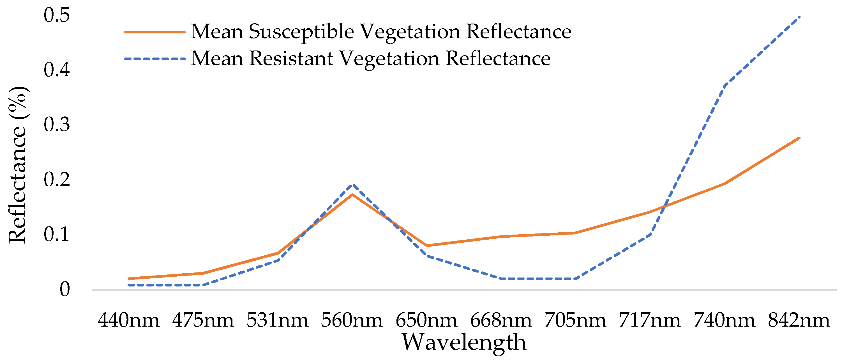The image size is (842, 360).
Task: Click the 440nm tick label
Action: point(128,320)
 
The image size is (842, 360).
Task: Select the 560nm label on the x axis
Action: point(352,320)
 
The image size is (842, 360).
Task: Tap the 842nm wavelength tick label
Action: point(799,320)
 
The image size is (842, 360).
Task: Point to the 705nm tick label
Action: point(575,320)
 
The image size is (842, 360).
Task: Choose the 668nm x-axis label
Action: point(501,320)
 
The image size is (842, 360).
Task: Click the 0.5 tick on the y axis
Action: point(57,15)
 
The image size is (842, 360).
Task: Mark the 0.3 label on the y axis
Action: point(57,125)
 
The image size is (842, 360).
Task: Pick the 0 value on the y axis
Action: point(65,289)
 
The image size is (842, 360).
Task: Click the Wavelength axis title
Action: point(464,342)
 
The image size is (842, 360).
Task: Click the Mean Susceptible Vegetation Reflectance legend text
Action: point(381,32)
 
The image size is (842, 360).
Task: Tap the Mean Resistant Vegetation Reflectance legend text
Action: point(371,59)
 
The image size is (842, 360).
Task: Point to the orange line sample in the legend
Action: point(154,32)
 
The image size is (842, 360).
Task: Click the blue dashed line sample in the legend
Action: point(154,59)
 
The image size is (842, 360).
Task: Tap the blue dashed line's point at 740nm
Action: point(725,86)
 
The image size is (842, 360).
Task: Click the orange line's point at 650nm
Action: point(426,245)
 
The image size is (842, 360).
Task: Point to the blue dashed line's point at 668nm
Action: point(501,279)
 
